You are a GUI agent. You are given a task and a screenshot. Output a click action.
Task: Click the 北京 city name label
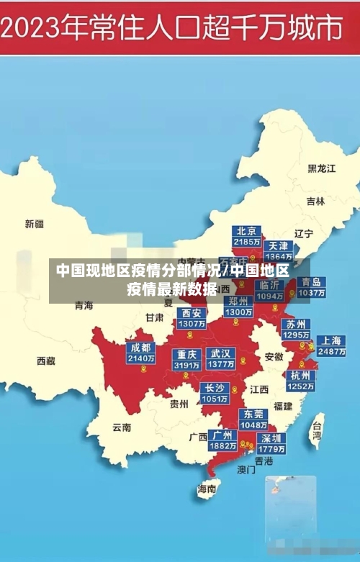(247, 231)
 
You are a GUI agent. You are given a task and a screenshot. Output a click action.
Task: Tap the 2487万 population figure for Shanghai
(331, 352)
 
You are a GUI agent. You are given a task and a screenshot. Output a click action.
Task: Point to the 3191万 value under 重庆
(187, 366)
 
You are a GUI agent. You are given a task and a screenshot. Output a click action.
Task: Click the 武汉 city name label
(220, 353)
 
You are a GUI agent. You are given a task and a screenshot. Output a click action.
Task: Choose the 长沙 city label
(215, 388)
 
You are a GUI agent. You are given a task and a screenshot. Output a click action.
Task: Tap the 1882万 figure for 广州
(222, 446)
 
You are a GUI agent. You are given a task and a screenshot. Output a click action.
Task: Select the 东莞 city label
(253, 414)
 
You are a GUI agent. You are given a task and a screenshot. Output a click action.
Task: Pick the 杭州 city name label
(300, 375)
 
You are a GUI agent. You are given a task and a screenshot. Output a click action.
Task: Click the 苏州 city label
(296, 324)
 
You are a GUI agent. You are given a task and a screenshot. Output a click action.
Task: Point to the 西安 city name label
(192, 313)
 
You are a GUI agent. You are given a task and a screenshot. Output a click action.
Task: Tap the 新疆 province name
(35, 224)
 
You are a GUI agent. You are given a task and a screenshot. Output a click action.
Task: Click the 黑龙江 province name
(322, 168)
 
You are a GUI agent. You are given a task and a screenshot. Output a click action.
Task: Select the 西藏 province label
(46, 361)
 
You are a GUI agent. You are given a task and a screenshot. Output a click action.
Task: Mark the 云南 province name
(122, 427)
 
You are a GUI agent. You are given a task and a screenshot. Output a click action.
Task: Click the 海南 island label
(207, 489)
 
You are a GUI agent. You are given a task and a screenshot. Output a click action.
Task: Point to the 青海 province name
(84, 305)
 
